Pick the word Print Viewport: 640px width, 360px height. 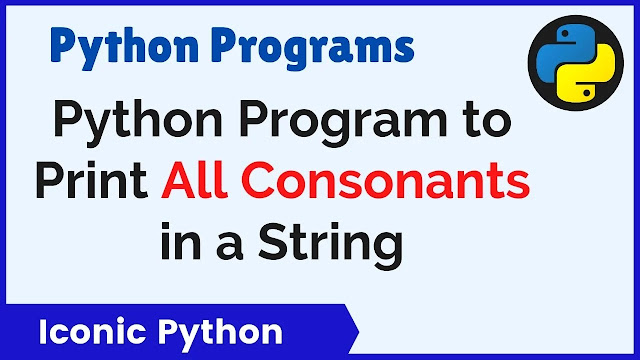click(91, 180)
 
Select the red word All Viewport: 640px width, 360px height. click(194, 180)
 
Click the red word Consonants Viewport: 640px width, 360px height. click(385, 180)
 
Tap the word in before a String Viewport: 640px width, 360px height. click(181, 241)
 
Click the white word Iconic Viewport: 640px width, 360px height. click(92, 332)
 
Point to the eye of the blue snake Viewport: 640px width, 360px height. click(565, 34)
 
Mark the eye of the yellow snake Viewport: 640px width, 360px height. click(587, 93)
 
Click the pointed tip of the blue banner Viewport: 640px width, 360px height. click(359, 331)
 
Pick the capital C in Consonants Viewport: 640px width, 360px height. click(258, 180)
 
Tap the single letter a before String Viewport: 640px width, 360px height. click(230, 247)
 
